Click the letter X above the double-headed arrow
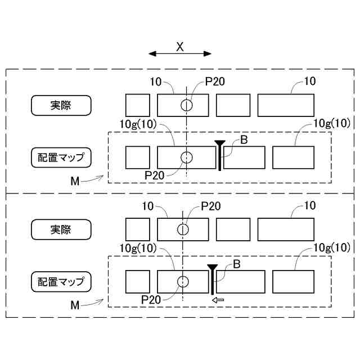point(180,47)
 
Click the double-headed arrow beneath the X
point(180,54)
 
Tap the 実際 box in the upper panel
point(61,105)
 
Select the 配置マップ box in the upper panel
point(61,157)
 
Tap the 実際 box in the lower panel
point(61,229)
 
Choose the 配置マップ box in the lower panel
point(61,281)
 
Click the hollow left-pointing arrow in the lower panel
point(218,300)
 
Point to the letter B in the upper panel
point(244,140)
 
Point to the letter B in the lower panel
point(237,264)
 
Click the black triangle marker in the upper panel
point(219,143)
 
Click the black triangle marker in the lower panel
point(212,268)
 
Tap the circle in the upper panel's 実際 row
point(186,105)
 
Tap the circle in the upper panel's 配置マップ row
point(186,157)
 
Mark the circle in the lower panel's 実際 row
point(183,229)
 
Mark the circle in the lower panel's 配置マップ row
point(183,281)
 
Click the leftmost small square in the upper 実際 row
point(137,105)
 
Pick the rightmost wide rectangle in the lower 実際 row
point(286,229)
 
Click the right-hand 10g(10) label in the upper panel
point(332,123)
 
